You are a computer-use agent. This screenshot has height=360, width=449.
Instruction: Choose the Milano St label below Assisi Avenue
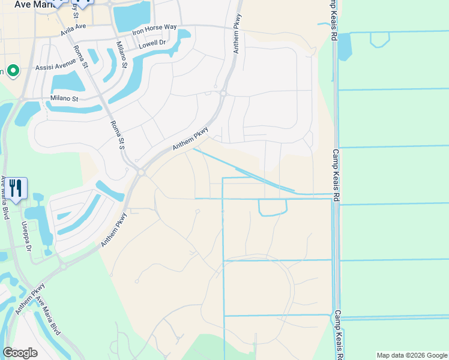pyautogui.click(x=64, y=98)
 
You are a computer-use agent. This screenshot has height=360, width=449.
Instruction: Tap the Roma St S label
pyautogui.click(x=117, y=134)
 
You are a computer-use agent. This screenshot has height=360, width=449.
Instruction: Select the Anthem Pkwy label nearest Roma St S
pyautogui.click(x=190, y=139)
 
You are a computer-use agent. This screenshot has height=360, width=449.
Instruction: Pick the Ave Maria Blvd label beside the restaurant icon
pyautogui.click(x=5, y=197)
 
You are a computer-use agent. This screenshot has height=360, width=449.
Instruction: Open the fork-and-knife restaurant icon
pyautogui.click(x=16, y=188)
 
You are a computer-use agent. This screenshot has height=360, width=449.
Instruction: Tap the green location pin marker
pyautogui.click(x=13, y=72)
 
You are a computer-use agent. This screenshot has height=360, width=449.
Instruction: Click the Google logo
pyautogui.click(x=20, y=353)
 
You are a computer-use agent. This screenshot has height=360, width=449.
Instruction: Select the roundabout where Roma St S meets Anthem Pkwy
pyautogui.click(x=140, y=173)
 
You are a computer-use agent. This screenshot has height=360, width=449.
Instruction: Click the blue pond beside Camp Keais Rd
pyautogui.click(x=345, y=47)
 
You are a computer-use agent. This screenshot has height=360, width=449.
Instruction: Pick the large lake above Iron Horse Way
pyautogui.click(x=133, y=14)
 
